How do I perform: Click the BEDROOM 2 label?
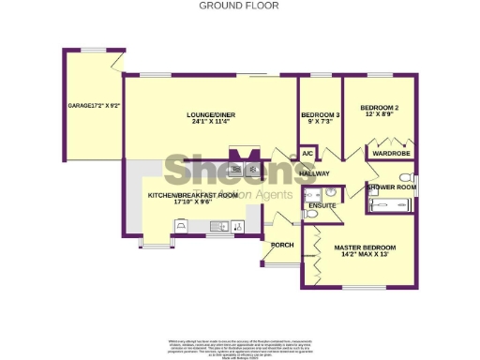pos(380,108)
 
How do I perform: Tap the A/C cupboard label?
pos(307,152)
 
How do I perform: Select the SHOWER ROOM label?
pos(391,187)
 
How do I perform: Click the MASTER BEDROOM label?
pos(365,247)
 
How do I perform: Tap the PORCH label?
pos(281,246)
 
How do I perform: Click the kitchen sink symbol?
pos(217,225)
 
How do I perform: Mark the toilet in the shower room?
pos(405,176)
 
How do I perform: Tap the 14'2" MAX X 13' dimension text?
pos(365,256)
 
